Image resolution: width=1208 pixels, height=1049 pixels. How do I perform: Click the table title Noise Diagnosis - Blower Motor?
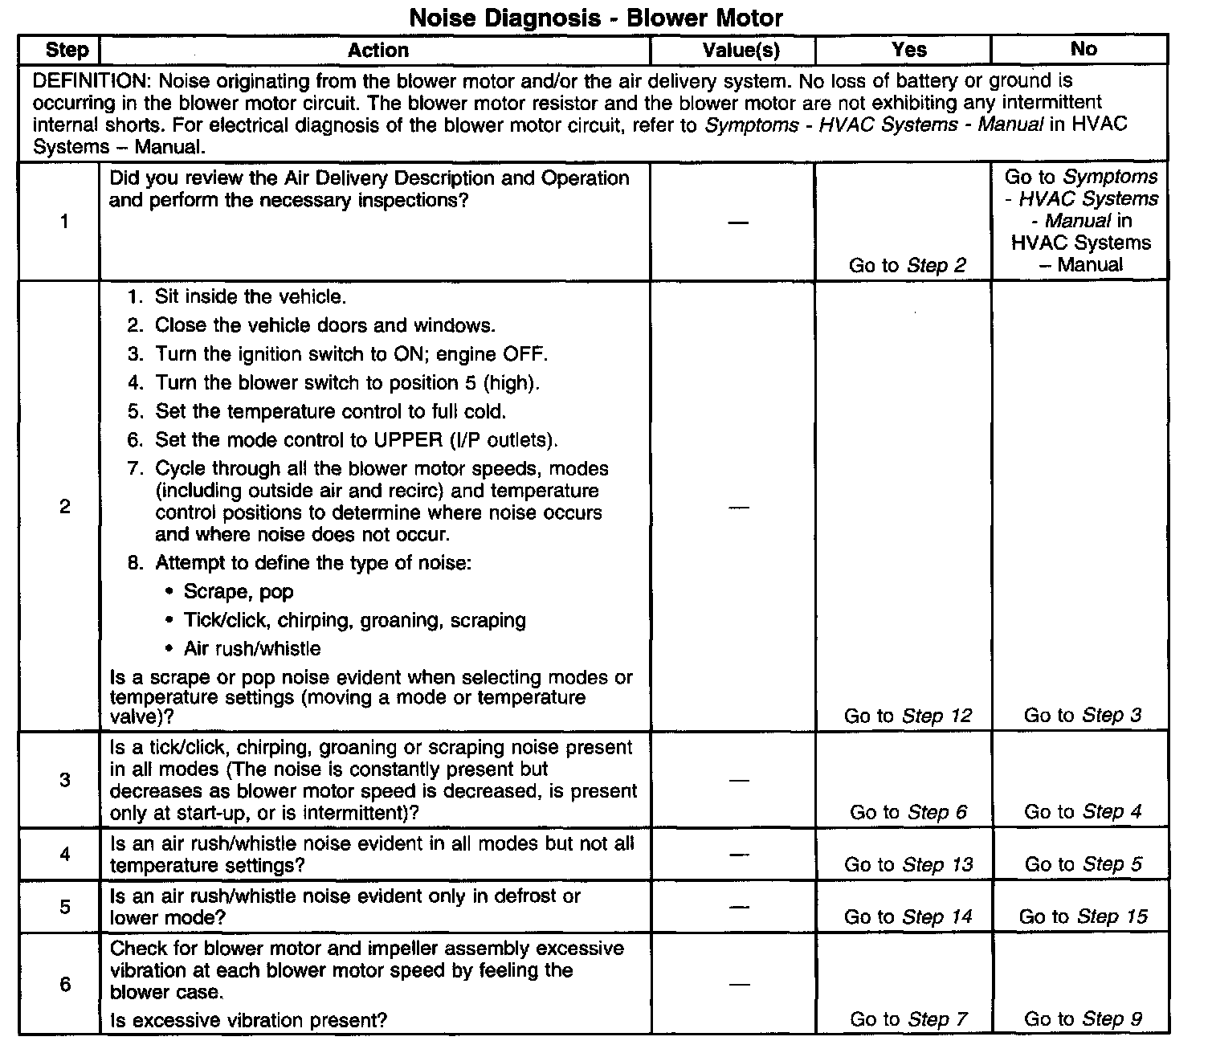coord(596,18)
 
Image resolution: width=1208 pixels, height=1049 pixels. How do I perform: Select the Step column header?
coord(67,50)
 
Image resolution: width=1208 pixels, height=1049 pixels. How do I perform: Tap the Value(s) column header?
coord(741,50)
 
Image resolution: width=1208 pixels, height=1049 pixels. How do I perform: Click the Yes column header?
coord(909,50)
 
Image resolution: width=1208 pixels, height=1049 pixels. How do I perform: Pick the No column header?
coord(1083,49)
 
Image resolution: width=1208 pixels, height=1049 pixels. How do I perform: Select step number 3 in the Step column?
coord(65,780)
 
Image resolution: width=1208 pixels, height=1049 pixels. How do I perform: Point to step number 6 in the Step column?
coord(65,984)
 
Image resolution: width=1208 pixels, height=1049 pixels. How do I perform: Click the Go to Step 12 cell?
coord(908,716)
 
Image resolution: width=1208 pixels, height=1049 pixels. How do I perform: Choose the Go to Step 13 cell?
coord(908,865)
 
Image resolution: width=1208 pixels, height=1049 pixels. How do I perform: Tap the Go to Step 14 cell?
coord(908,916)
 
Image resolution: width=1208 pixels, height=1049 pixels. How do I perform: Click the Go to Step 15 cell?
coord(1083,916)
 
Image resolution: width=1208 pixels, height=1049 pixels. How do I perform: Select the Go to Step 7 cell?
coord(908,1019)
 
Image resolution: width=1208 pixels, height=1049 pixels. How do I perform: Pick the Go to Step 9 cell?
coord(1083,1019)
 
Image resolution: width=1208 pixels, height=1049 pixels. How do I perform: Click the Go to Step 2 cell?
coord(907,265)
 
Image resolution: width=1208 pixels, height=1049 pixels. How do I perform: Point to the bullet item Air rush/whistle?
coord(252,649)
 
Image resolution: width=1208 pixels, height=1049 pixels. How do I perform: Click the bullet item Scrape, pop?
coord(239,592)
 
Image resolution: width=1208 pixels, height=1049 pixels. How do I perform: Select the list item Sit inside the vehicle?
coord(251,297)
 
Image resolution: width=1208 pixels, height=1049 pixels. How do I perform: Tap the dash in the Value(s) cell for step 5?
coord(740,907)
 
